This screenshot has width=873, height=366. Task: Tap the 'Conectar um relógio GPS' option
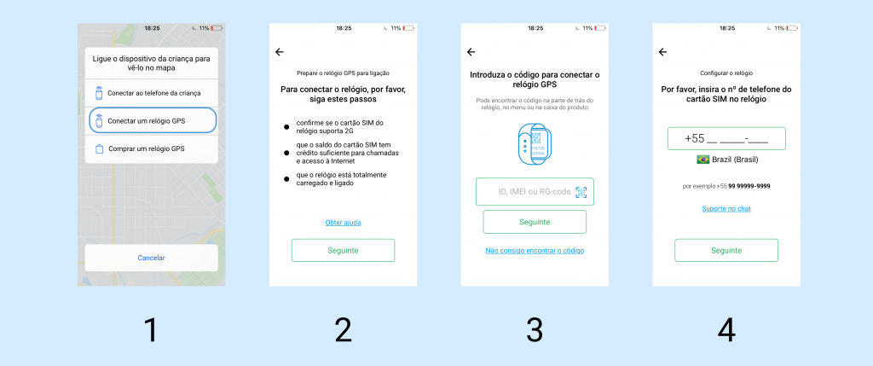(x=152, y=120)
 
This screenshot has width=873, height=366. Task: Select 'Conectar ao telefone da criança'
(x=152, y=93)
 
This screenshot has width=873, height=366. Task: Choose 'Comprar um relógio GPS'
(x=152, y=148)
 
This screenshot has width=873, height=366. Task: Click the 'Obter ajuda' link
(x=343, y=223)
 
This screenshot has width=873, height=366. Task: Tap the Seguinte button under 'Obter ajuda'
(x=343, y=250)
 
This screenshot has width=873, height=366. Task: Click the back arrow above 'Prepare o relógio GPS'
(x=280, y=52)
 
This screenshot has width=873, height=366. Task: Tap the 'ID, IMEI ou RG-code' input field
(x=535, y=192)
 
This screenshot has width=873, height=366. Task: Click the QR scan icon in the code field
(x=581, y=192)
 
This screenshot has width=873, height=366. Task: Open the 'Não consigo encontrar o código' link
(x=535, y=251)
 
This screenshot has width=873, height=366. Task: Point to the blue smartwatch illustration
(x=535, y=144)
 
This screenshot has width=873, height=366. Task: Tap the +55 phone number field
(x=726, y=139)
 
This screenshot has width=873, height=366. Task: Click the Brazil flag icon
(x=703, y=160)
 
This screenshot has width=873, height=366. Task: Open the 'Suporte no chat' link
(x=726, y=209)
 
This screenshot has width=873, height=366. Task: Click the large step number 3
(x=535, y=330)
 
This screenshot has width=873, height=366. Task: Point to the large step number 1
(x=151, y=330)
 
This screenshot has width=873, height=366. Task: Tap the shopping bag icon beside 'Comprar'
(x=99, y=148)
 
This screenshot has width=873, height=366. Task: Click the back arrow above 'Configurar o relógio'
(x=662, y=52)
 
